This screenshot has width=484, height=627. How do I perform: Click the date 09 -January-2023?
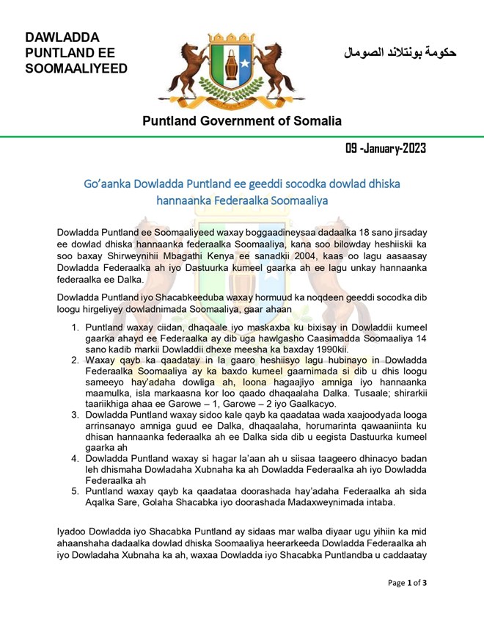pyautogui.click(x=386, y=149)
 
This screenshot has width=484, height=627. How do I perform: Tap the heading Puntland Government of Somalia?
pyautogui.click(x=241, y=120)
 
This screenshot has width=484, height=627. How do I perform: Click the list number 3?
pyautogui.click(x=76, y=415)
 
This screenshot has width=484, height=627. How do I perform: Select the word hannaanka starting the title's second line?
pyautogui.click(x=183, y=199)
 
